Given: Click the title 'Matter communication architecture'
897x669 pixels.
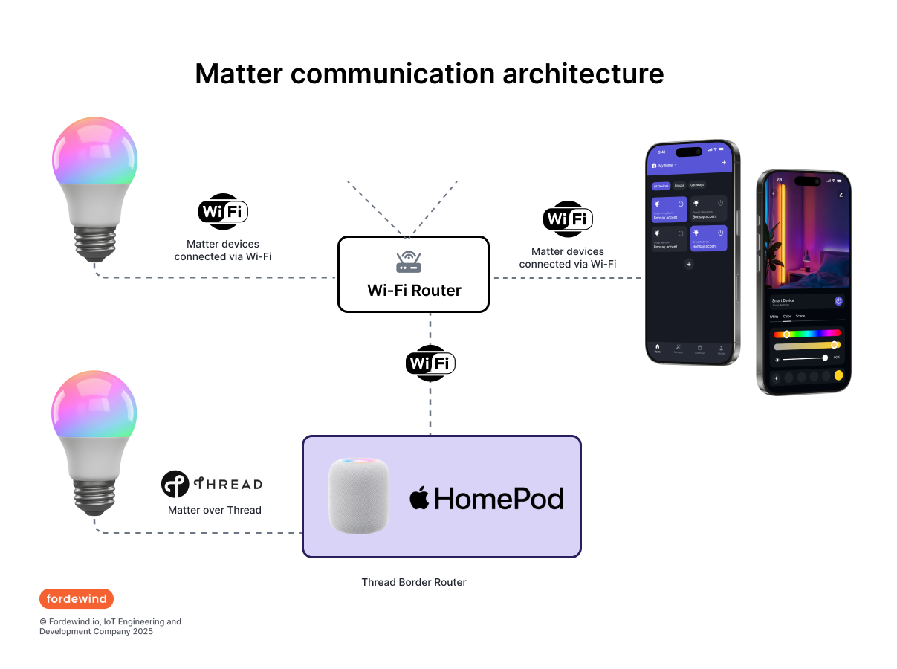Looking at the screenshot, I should coord(429,74).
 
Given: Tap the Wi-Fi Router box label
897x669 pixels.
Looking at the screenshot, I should coord(414,291).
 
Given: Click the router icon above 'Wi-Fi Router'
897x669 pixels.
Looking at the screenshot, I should coord(409,262).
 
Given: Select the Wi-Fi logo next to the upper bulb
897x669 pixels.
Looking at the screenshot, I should coord(223,212).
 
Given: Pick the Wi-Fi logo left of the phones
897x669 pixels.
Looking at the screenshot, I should coord(568,219).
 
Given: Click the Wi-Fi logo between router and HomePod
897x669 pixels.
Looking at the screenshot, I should coord(430,363).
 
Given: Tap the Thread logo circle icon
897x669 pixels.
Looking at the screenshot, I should coord(175,484).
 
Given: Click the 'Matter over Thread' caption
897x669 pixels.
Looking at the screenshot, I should coord(215,510).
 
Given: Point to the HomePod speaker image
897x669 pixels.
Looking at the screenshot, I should coord(359,496).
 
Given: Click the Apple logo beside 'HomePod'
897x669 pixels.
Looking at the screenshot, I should coord(420,497).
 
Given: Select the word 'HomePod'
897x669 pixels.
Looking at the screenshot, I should coord(499,498).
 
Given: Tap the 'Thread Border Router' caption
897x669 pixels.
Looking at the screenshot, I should coord(414,582).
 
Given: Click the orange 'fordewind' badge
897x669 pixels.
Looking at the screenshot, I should coord(77,598).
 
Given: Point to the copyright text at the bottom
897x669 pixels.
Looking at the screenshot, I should coord(110,626).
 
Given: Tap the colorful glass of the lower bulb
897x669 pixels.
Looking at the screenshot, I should coord(94,404).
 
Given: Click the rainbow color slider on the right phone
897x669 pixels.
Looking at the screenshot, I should coord(807,334).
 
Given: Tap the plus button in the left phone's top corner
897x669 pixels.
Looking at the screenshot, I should coord(724,162).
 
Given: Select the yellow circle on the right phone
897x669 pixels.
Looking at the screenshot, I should coord(838,376).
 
